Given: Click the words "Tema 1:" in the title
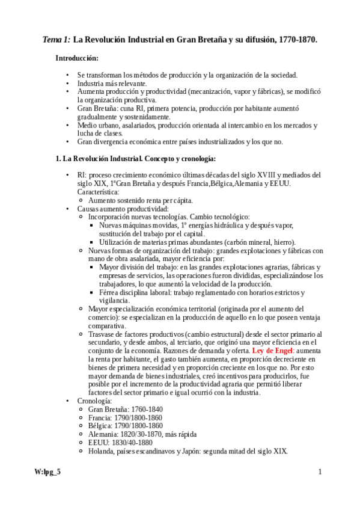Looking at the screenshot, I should tap(56, 40).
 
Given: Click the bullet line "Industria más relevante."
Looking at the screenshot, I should tap(112, 83).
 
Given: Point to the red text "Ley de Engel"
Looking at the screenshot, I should tap(273, 350).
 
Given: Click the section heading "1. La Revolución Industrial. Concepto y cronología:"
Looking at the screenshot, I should tap(135, 159).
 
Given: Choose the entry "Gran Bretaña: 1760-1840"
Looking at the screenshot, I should tap(125, 409).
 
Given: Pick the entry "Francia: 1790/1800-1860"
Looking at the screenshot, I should tap(122, 417).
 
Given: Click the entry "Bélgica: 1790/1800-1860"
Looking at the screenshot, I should tap(122, 426).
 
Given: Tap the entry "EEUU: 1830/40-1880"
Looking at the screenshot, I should tap(119, 443).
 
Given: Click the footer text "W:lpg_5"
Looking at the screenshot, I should tap(47, 472).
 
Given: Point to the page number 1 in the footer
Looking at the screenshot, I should tap(320, 472).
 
